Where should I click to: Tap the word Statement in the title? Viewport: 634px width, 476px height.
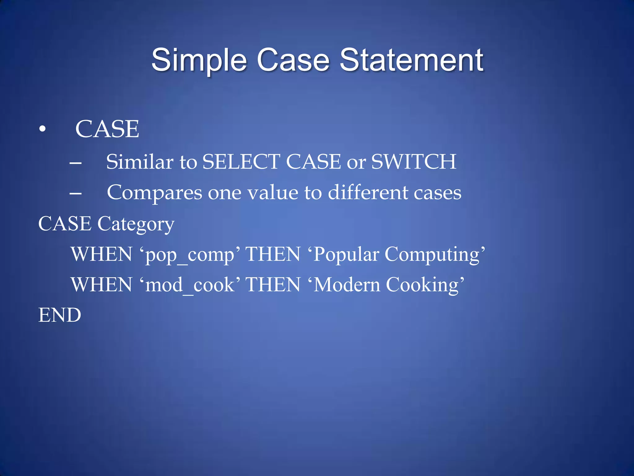point(411,60)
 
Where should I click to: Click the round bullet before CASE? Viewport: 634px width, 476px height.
point(42,129)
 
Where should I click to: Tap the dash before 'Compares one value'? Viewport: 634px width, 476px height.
point(76,193)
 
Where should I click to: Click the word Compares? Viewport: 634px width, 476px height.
point(154,193)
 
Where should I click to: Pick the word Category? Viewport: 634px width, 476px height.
point(136,224)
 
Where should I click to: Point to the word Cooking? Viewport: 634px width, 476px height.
point(422,285)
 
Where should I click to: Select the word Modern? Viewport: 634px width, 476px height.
point(347,285)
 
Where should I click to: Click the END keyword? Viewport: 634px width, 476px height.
point(60,315)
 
